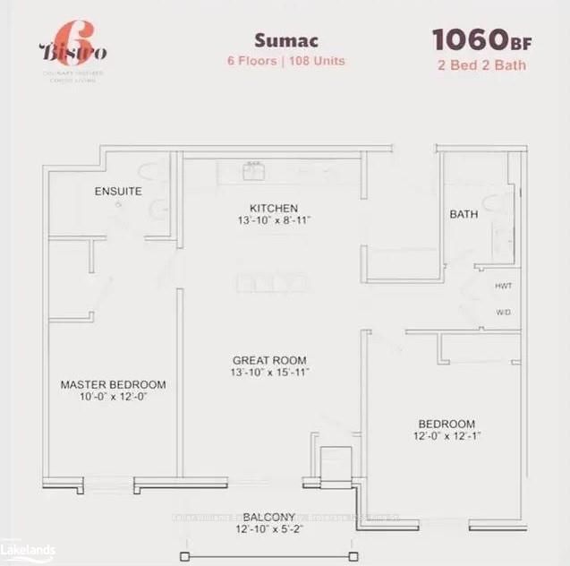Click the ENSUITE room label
point(117,192)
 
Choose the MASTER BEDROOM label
point(113,385)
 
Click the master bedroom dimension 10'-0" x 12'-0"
point(113,398)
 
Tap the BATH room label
point(464,215)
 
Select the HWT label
point(502,287)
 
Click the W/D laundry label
point(502,313)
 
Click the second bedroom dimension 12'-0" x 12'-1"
point(447,437)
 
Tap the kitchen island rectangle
point(269,283)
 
